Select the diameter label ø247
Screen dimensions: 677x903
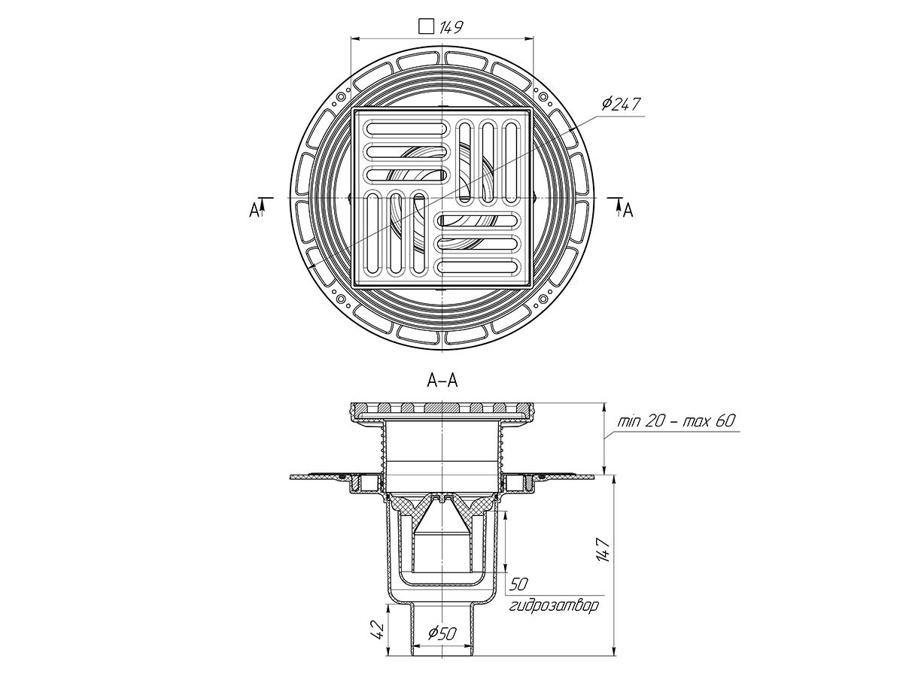click(622, 104)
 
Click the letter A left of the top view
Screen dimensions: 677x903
click(254, 210)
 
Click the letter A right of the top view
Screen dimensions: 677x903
click(628, 211)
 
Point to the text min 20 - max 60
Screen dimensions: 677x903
click(675, 421)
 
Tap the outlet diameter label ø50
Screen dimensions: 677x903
click(442, 634)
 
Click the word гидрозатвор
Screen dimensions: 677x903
click(555, 606)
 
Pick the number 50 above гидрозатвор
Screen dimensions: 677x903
click(518, 584)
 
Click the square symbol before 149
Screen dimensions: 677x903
click(427, 27)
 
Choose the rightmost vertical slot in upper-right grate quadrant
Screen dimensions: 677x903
click(511, 159)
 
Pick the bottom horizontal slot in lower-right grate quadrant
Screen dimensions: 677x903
click(479, 266)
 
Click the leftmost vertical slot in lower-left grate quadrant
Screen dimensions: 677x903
click(374, 233)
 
